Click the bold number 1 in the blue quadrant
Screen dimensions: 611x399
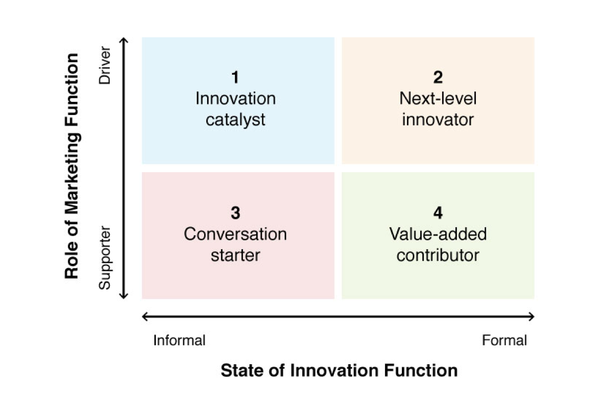(235, 77)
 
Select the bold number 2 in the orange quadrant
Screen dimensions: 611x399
(438, 77)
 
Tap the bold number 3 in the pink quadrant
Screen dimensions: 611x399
(235, 213)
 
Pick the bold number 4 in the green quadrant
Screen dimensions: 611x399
(438, 213)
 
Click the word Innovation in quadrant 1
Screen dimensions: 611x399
(235, 99)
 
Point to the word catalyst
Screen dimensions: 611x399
(235, 120)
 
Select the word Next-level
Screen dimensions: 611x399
(438, 99)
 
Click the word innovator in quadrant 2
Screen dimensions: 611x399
(438, 119)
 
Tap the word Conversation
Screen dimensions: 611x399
(235, 234)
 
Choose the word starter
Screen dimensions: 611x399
(235, 255)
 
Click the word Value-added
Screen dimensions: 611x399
(438, 234)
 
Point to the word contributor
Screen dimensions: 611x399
(438, 255)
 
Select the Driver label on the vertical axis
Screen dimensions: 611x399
(105, 65)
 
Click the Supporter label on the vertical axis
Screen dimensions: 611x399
(105, 258)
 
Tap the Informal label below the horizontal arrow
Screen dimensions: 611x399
(179, 340)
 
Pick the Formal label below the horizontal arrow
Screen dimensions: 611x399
(504, 340)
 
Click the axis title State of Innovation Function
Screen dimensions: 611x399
(339, 370)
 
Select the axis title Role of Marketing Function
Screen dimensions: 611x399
(72, 166)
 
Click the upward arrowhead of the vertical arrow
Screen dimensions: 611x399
(124, 40)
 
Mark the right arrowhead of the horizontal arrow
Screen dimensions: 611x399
(532, 316)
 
